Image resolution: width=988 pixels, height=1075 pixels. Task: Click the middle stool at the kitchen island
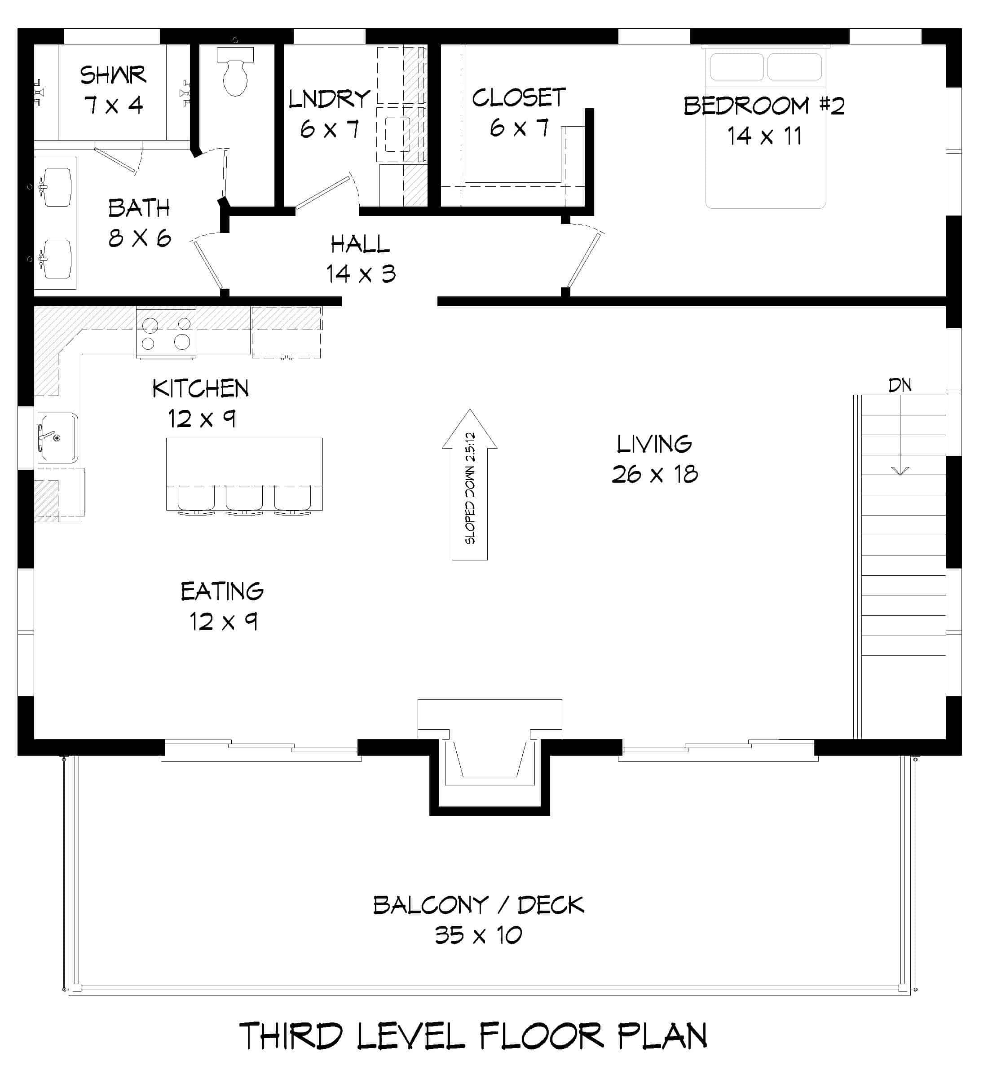tap(244, 499)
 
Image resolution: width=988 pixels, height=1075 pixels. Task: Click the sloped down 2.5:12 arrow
tap(469, 486)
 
